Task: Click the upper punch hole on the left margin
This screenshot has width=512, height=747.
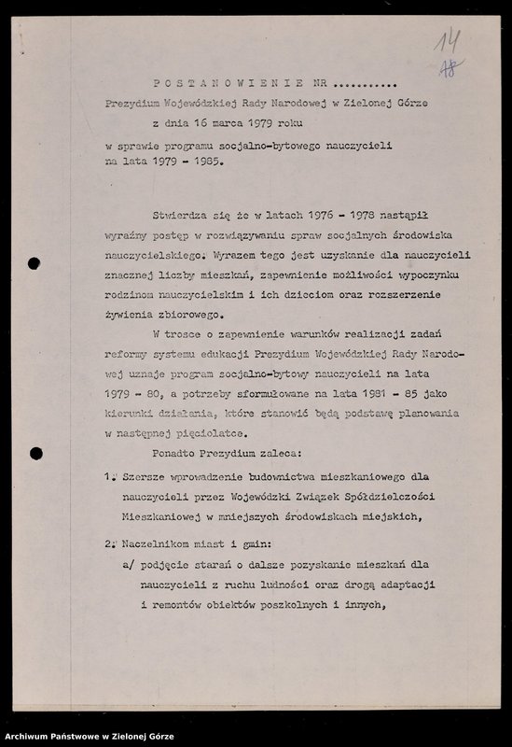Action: coord(35,264)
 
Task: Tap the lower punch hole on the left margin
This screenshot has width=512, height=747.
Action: coord(35,454)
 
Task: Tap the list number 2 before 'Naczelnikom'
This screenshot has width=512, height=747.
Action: coord(109,543)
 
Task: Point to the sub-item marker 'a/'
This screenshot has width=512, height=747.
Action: coord(129,565)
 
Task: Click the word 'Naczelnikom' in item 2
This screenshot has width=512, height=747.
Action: coord(159,543)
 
